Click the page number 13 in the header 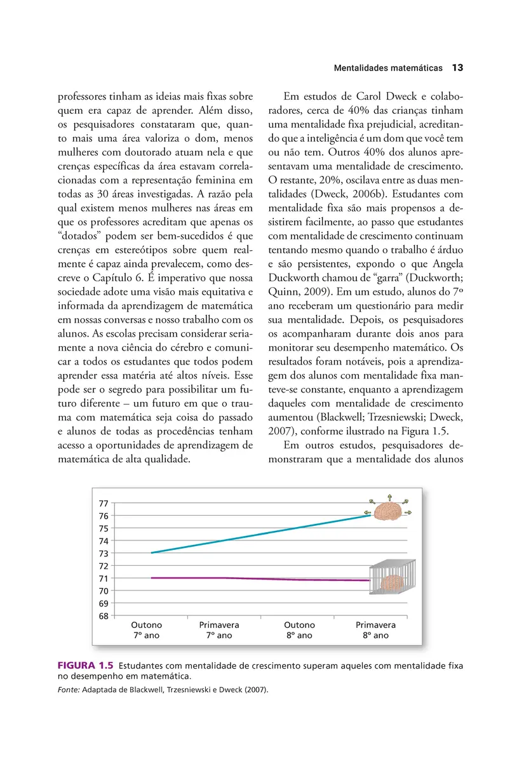click(x=458, y=67)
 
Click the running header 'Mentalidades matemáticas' click(x=388, y=68)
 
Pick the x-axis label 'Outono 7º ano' click(x=147, y=630)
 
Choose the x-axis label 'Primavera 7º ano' click(x=219, y=630)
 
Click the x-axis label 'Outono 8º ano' click(x=299, y=630)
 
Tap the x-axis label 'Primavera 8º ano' click(x=375, y=630)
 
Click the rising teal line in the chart click(x=260, y=534)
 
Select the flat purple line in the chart click(x=260, y=578)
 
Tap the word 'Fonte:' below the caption click(x=68, y=690)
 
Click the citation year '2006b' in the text click(x=358, y=194)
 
